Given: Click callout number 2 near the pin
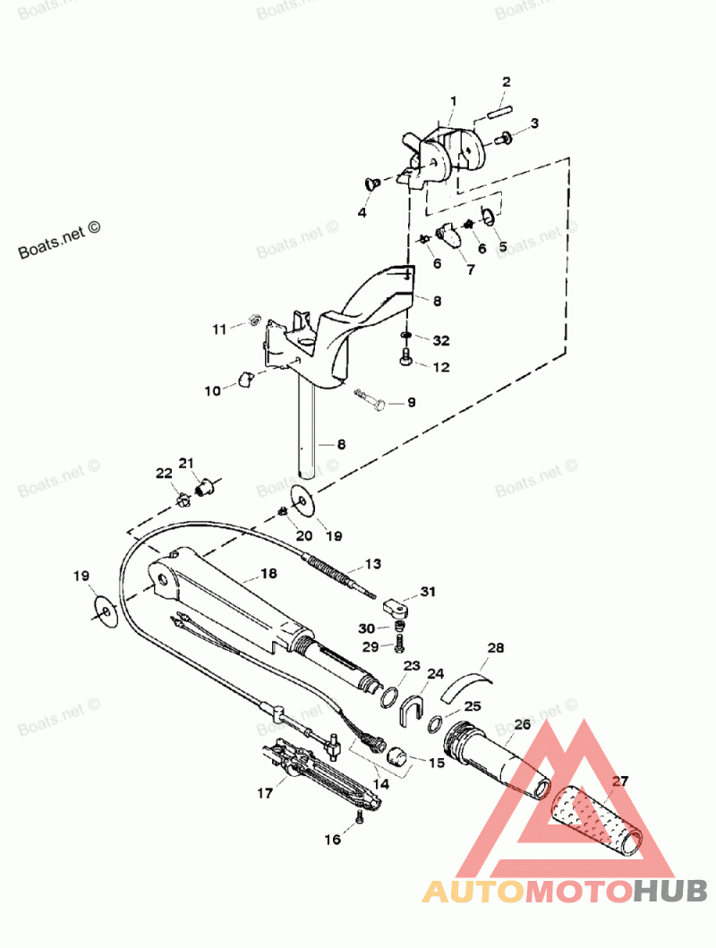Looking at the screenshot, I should click(x=506, y=81).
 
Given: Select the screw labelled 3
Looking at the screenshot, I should click(x=506, y=138).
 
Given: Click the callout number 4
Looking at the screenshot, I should click(x=362, y=213).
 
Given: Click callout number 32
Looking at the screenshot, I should click(x=440, y=340).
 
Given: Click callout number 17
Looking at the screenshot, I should click(x=265, y=792).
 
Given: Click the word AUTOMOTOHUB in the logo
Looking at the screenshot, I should click(x=565, y=891).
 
